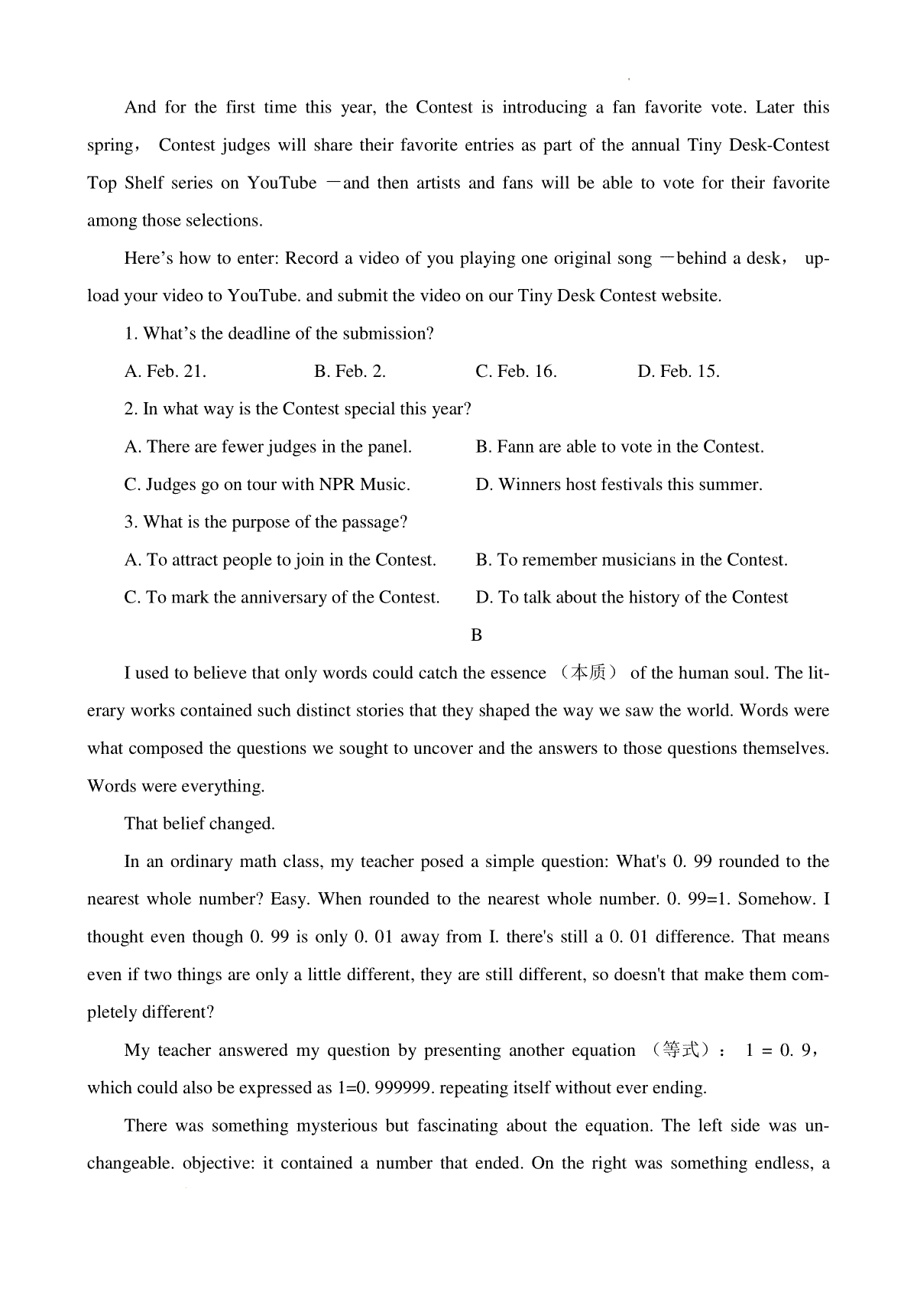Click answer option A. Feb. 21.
pyautogui.click(x=165, y=372)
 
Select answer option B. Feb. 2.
pyautogui.click(x=350, y=372)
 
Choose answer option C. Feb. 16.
pyautogui.click(x=516, y=372)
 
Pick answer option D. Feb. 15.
pyautogui.click(x=679, y=372)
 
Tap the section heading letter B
pyautogui.click(x=477, y=635)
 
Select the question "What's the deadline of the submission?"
pyautogui.click(x=280, y=334)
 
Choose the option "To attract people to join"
pyautogui.click(x=280, y=560)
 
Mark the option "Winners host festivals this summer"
pyautogui.click(x=619, y=485)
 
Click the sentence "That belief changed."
pyautogui.click(x=199, y=824)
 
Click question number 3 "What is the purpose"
pyautogui.click(x=266, y=523)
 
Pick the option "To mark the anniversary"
pyautogui.click(x=282, y=598)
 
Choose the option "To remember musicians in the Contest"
pyautogui.click(x=631, y=560)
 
